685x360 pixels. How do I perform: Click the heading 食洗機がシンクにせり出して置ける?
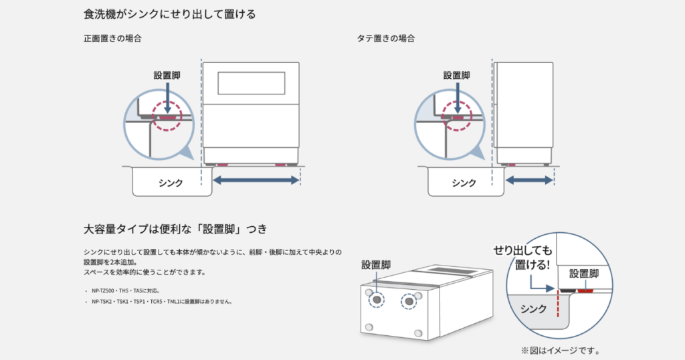[x=170, y=14]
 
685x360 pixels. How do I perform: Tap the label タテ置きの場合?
[x=386, y=38]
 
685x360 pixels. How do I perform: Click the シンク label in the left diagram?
[x=171, y=183]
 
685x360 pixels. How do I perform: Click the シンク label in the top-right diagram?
[x=464, y=183]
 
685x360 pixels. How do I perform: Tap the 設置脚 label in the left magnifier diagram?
[x=167, y=76]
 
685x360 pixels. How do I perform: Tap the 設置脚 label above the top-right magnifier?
[x=457, y=76]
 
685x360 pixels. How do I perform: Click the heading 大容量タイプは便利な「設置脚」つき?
[x=175, y=229]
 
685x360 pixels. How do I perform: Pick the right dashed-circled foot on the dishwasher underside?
[x=406, y=300]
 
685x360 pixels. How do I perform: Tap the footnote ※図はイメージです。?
[x=560, y=351]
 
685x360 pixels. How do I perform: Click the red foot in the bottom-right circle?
[x=586, y=291]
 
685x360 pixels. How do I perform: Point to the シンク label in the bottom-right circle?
[x=533, y=310]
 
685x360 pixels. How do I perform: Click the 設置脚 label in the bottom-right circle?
[x=583, y=274]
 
